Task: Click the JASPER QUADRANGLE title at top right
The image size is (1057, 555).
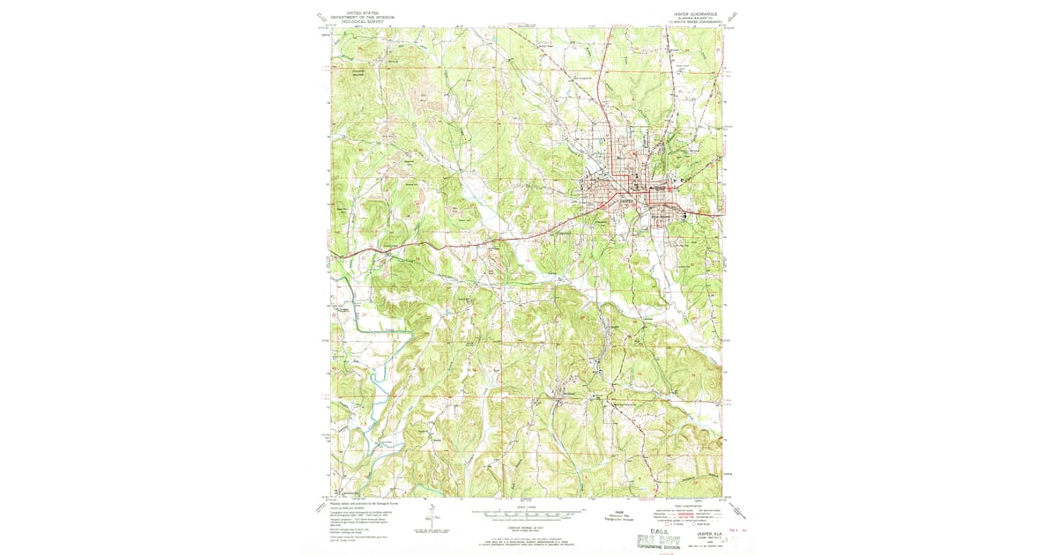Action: [x=693, y=13]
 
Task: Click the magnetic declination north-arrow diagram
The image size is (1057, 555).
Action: [x=432, y=518]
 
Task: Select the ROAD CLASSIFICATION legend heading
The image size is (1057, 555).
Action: [x=690, y=505]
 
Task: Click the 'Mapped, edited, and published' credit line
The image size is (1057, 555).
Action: [x=367, y=503]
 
